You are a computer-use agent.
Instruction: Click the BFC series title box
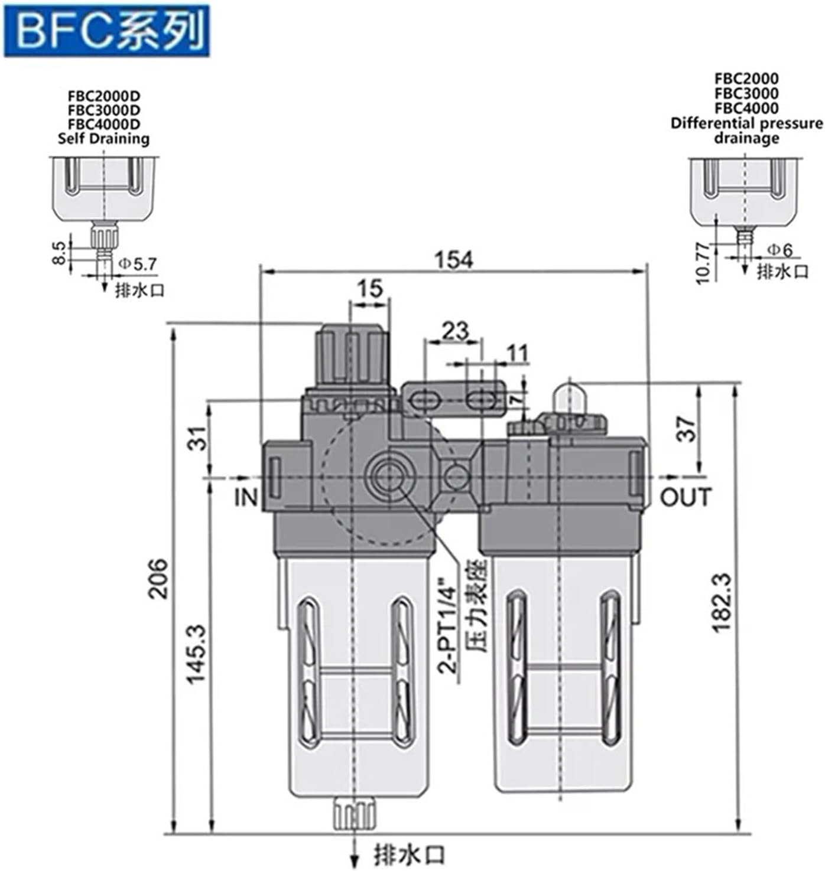106,31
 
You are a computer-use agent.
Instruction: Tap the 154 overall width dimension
454,259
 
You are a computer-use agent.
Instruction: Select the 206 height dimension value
158,579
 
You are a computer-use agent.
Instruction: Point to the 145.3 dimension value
197,654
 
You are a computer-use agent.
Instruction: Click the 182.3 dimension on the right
722,602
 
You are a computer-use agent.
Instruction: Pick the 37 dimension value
686,429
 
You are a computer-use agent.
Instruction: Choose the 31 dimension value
201,438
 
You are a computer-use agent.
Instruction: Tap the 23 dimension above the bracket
455,331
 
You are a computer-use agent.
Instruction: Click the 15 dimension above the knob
371,289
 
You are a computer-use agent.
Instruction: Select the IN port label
245,497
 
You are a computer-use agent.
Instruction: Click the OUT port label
686,497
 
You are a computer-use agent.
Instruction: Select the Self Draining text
103,139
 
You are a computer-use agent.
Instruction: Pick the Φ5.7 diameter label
138,264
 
